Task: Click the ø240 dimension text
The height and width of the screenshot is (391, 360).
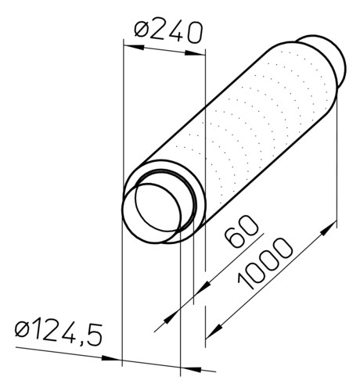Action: (x=168, y=32)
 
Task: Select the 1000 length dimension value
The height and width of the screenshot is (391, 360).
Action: (x=265, y=264)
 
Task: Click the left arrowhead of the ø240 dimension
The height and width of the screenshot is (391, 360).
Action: (x=134, y=47)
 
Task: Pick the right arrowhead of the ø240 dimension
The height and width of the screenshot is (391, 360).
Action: (x=195, y=53)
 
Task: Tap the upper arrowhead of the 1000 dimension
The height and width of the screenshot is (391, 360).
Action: (x=328, y=228)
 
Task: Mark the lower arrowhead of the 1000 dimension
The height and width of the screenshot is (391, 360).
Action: (x=214, y=331)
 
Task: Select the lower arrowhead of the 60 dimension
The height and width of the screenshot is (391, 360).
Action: (x=171, y=317)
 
